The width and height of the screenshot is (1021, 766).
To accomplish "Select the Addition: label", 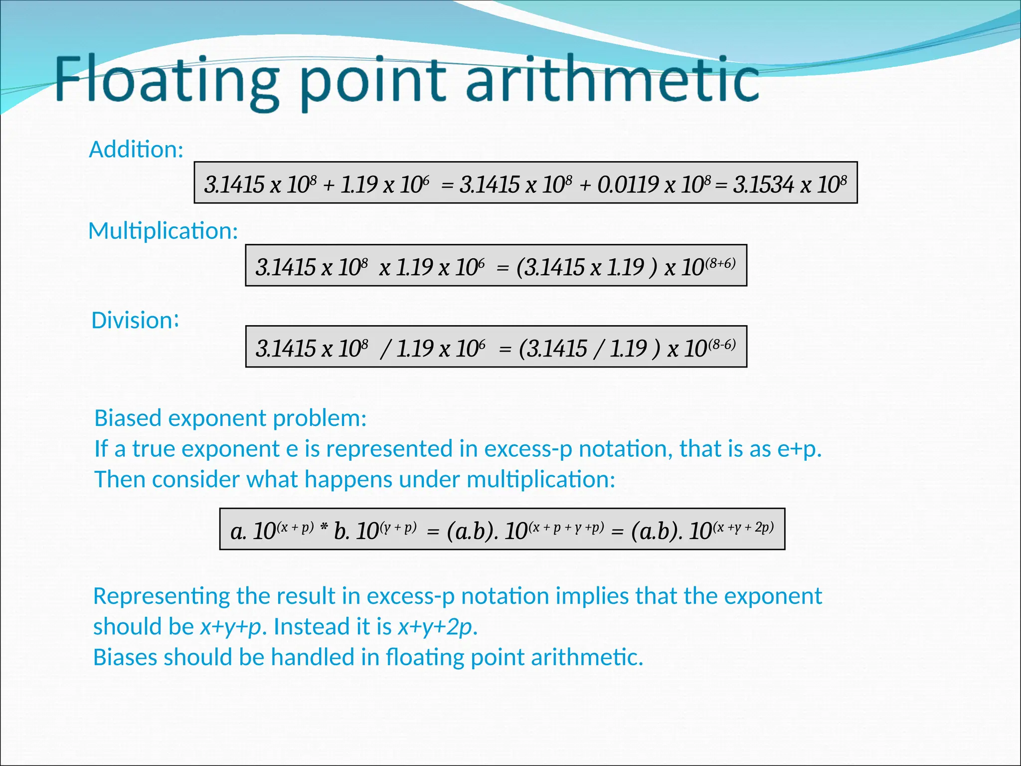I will click(x=136, y=150).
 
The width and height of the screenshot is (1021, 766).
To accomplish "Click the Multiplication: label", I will click(x=163, y=231).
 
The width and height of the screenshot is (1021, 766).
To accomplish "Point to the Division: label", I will click(x=135, y=320).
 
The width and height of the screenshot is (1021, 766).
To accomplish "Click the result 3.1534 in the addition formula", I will click(x=763, y=185).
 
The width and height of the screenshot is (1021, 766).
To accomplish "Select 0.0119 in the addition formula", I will click(x=628, y=185).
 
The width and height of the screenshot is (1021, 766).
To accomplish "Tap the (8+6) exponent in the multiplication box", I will click(x=720, y=263).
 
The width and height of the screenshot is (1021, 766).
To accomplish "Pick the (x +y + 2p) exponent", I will click(x=743, y=527).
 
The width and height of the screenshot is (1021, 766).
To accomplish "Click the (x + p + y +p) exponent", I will click(x=567, y=527).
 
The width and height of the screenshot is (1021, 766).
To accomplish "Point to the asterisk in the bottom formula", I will click(x=324, y=528).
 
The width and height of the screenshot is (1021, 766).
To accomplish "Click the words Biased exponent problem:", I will click(x=230, y=418).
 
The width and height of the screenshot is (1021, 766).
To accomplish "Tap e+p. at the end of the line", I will click(x=799, y=449).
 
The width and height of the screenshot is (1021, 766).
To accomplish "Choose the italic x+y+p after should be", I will click(x=231, y=627).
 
